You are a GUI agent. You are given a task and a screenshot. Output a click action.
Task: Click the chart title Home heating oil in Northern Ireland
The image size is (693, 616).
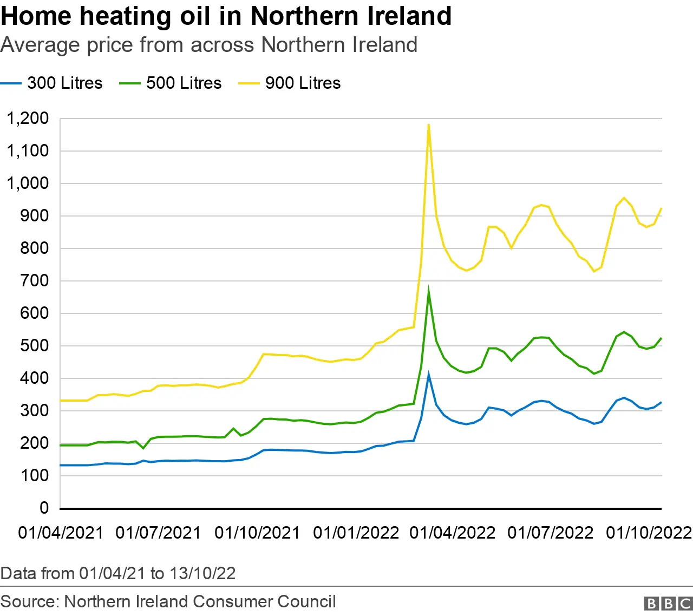point(226,16)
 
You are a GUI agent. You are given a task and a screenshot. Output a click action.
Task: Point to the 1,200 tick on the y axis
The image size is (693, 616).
point(28,118)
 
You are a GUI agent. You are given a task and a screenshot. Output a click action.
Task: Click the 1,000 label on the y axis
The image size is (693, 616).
point(28,183)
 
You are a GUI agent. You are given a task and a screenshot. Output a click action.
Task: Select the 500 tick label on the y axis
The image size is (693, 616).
point(35,345)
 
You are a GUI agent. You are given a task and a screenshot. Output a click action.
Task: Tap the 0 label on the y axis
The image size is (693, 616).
point(44,508)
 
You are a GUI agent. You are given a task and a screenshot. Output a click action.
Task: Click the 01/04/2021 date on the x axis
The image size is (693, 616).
point(61,533)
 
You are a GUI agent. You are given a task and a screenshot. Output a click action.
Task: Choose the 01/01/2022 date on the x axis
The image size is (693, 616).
point(356,533)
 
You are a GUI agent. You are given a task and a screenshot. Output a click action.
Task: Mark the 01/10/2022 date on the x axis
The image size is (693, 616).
point(649,533)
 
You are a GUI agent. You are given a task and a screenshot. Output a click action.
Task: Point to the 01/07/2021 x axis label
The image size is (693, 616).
point(158,533)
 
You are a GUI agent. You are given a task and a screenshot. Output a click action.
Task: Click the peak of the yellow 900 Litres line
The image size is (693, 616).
point(429,125)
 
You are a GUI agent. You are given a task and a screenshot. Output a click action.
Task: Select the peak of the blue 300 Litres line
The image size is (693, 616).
point(429,374)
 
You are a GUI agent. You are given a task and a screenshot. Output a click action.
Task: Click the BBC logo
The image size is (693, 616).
point(668,604)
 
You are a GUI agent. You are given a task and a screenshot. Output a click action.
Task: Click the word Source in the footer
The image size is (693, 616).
point(29,601)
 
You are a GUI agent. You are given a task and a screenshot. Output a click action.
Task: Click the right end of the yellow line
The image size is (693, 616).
point(661,208)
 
